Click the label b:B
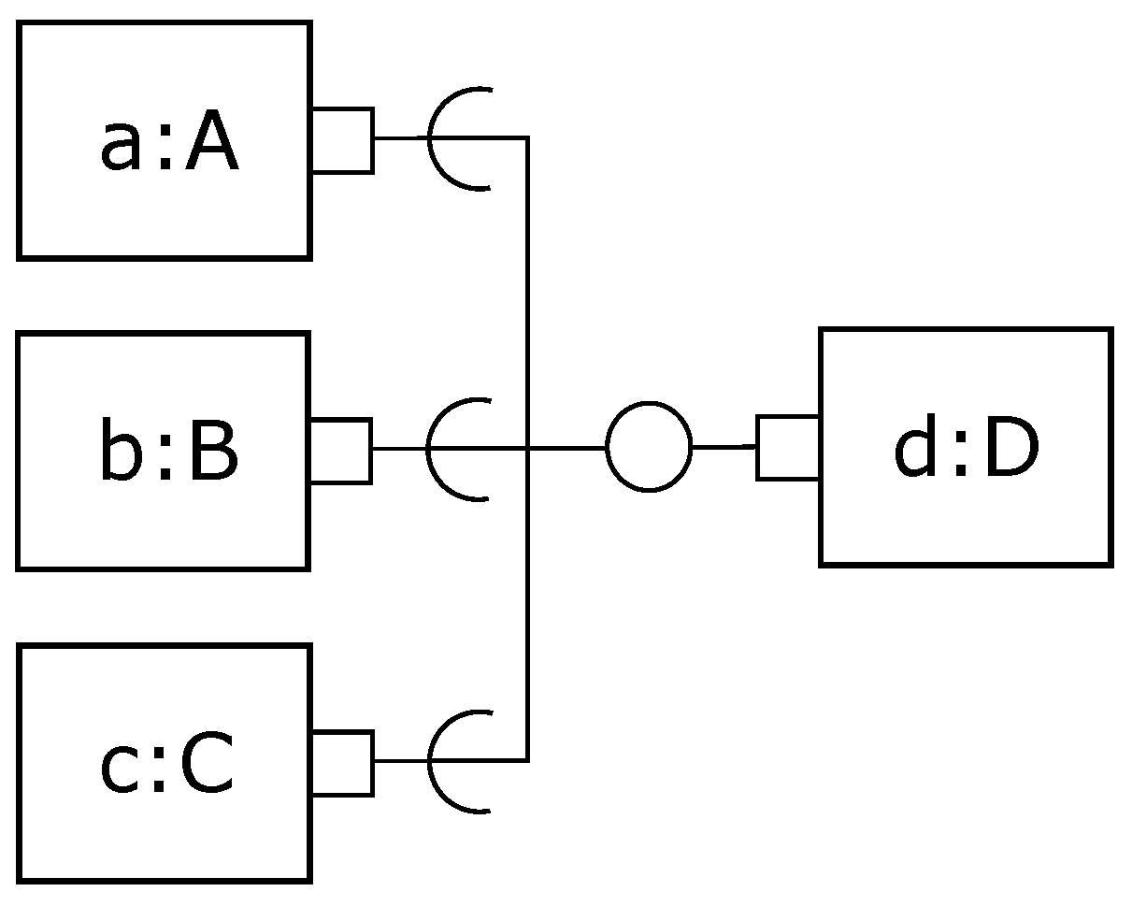click(x=168, y=454)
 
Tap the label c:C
click(x=168, y=767)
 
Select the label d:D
click(x=966, y=451)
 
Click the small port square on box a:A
click(x=342, y=139)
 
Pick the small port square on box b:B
click(x=340, y=450)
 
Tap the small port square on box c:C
click(x=342, y=763)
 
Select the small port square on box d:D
click(x=788, y=448)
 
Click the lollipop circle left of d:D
click(x=649, y=447)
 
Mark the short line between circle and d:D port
click(x=724, y=447)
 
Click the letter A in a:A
click(x=211, y=147)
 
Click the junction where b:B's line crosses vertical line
click(x=528, y=449)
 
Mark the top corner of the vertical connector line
click(x=528, y=138)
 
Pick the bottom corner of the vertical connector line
click(x=528, y=760)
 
